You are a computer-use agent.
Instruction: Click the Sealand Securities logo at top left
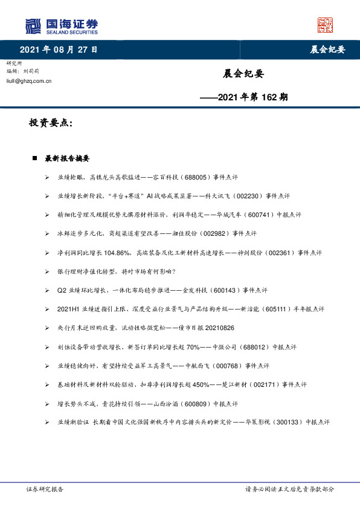(61, 26)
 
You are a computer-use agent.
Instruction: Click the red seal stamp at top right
(325, 25)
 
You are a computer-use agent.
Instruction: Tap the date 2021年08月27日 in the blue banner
(59, 50)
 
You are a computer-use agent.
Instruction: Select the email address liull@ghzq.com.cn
(28, 80)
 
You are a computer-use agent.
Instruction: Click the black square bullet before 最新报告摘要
(35, 158)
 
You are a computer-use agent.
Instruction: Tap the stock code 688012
(246, 347)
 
